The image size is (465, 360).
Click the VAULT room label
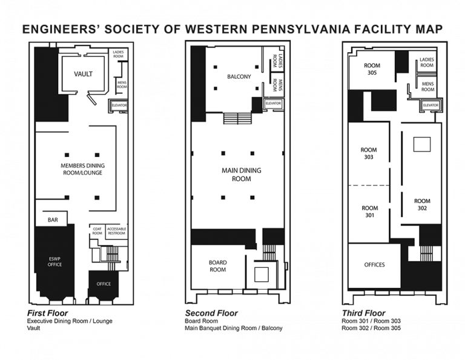(x=83, y=74)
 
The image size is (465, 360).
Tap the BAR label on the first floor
(x=53, y=219)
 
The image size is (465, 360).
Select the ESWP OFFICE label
(x=55, y=261)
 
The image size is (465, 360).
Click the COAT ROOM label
(x=97, y=231)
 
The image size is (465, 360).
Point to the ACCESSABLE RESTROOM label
(x=116, y=231)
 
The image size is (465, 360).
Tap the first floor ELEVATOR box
(x=118, y=107)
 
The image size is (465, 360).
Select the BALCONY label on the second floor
(x=239, y=77)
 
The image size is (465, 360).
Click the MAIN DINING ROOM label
(x=242, y=175)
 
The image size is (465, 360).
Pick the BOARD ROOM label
(x=217, y=266)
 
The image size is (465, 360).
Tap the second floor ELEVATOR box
(x=273, y=104)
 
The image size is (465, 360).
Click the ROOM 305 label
(x=372, y=69)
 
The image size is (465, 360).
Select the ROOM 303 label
(x=368, y=153)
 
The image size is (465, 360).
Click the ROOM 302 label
(x=422, y=204)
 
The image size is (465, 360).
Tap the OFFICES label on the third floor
(x=375, y=265)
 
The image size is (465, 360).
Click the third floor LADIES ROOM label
(x=427, y=62)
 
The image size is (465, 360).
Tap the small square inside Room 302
(x=421, y=144)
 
